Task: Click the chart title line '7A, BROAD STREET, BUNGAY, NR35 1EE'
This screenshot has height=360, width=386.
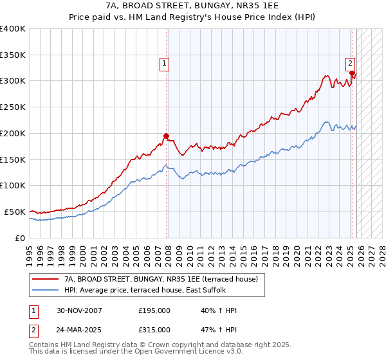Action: click(192, 6)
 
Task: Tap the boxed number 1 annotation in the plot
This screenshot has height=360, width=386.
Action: click(165, 63)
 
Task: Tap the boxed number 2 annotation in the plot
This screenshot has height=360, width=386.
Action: click(350, 63)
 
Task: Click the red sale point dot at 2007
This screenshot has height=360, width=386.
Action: click(167, 136)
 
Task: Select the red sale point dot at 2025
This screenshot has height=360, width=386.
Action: click(352, 73)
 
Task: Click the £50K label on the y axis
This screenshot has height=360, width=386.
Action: click(15, 212)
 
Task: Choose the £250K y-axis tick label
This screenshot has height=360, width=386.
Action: click(13, 107)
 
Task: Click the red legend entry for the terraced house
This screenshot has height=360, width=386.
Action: click(161, 279)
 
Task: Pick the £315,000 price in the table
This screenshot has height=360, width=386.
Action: click(154, 330)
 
